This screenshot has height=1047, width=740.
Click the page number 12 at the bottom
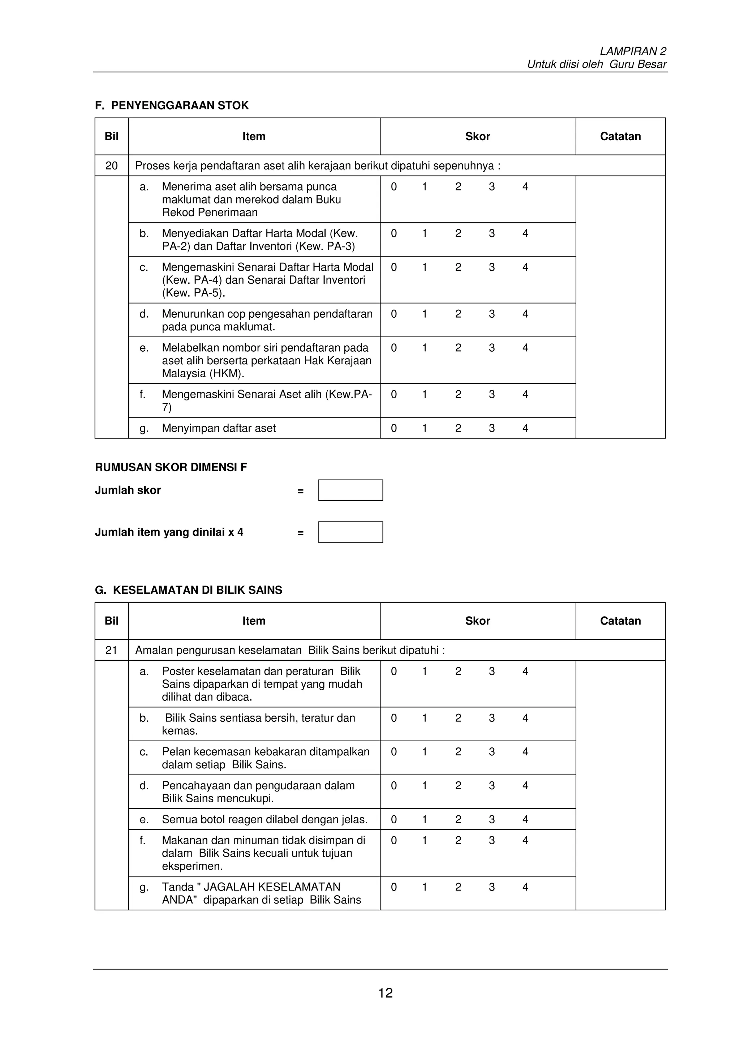(385, 993)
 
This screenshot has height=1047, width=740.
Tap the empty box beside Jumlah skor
(350, 490)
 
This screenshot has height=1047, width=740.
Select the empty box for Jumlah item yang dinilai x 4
(350, 532)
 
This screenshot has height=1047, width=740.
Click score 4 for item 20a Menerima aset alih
(525, 186)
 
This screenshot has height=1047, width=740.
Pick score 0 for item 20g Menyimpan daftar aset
(394, 428)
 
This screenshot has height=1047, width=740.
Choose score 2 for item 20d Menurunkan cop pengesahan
(458, 314)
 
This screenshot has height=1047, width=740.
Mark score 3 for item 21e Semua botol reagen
(491, 819)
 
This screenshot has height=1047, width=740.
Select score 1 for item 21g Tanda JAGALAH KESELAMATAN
(425, 887)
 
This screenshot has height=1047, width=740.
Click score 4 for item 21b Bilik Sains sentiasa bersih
(525, 718)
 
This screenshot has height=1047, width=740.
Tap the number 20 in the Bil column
(111, 166)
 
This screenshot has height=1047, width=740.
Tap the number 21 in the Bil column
(111, 650)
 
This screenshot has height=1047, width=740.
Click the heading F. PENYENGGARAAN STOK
(172, 105)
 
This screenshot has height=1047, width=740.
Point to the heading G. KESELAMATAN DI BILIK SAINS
(188, 590)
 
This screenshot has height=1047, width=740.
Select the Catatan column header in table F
(620, 136)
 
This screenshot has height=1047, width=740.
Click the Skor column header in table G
(477, 621)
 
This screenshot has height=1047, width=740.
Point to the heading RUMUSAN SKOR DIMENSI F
(171, 467)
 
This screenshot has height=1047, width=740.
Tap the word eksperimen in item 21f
(192, 866)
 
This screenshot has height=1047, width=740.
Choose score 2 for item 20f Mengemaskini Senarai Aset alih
(458, 394)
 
